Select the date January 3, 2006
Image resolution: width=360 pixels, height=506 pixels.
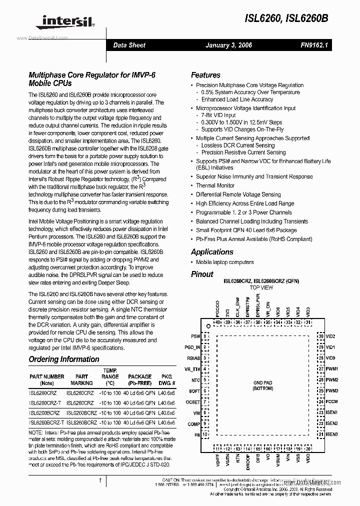(x=228, y=45)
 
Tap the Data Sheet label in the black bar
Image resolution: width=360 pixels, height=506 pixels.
(x=129, y=45)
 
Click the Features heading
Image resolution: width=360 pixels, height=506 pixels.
(x=205, y=75)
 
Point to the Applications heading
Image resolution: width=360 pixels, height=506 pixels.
(x=212, y=252)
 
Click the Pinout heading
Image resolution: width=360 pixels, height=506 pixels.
(x=202, y=274)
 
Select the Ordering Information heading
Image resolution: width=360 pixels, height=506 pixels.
(x=63, y=359)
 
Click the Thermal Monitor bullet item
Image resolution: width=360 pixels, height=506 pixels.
(x=216, y=185)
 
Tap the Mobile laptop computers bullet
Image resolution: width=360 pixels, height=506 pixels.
(x=224, y=262)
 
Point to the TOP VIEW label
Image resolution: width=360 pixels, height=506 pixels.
(x=261, y=288)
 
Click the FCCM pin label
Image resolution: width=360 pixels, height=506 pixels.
(x=331, y=401)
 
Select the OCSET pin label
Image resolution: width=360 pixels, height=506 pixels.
(x=193, y=402)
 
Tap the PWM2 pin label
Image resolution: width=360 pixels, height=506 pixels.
(x=332, y=380)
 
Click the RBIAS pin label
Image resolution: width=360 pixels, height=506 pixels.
(x=194, y=358)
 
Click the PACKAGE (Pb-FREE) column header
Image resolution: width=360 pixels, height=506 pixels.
(x=139, y=380)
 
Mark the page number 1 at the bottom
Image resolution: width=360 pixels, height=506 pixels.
(x=100, y=481)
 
